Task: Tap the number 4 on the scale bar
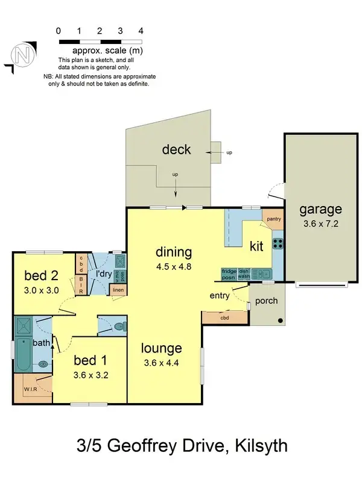pyautogui.click(x=141, y=30)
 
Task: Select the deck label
pyautogui.click(x=176, y=149)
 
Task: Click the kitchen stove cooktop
pyautogui.click(x=279, y=243)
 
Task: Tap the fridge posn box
pyautogui.click(x=229, y=274)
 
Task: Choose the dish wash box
pyautogui.click(x=244, y=274)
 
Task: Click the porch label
pyautogui.click(x=266, y=301)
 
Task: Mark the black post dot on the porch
pyautogui.click(x=280, y=321)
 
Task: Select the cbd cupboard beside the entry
pyautogui.click(x=224, y=318)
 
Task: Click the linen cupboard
pyautogui.click(x=119, y=291)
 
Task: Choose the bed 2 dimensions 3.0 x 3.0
pyautogui.click(x=41, y=289)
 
